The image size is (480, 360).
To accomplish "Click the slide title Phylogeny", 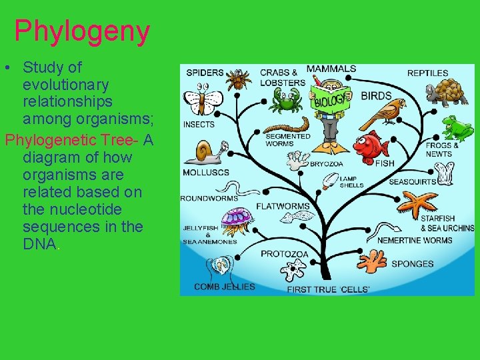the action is coord(82,31).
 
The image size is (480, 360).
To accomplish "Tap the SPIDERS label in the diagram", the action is coord(205,73).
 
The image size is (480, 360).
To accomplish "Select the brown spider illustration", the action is coord(237,80).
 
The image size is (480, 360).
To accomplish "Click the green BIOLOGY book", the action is coord(330,101).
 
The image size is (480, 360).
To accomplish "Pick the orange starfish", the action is coord(418,203).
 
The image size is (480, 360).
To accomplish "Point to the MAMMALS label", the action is coord(331,69).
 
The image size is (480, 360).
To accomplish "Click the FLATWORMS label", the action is coord(283,206).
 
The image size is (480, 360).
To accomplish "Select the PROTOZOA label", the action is coord(285,254).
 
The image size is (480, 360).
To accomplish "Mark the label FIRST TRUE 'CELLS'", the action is coord(328,289).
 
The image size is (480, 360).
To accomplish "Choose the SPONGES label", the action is coord(413,264).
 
